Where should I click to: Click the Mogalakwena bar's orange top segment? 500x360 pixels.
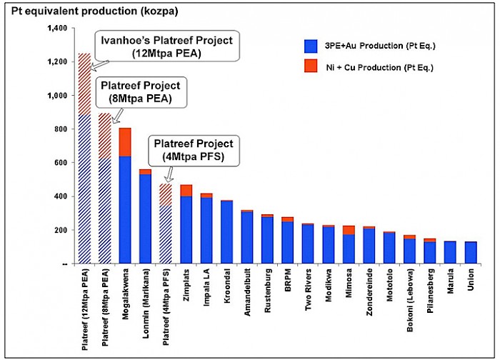[125, 141]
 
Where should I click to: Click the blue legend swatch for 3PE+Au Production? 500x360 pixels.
[310, 46]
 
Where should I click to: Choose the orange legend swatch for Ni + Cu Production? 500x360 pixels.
[310, 66]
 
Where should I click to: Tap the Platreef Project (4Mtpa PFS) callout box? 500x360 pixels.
[193, 151]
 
